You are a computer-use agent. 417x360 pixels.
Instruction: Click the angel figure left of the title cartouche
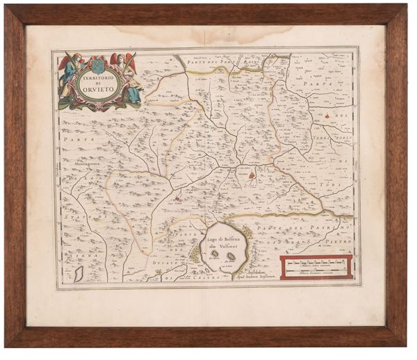click(x=68, y=78)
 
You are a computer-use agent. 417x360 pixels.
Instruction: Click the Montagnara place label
click(x=84, y=164)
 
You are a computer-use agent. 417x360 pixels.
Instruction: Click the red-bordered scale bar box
click(x=316, y=268)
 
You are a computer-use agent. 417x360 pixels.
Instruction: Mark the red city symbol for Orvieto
click(x=252, y=176)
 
